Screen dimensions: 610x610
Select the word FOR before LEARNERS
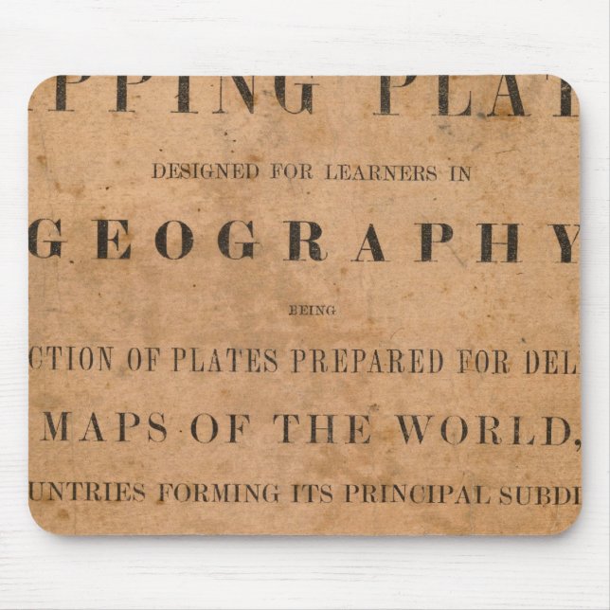point(288,172)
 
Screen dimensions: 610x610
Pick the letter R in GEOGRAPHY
point(305,243)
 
